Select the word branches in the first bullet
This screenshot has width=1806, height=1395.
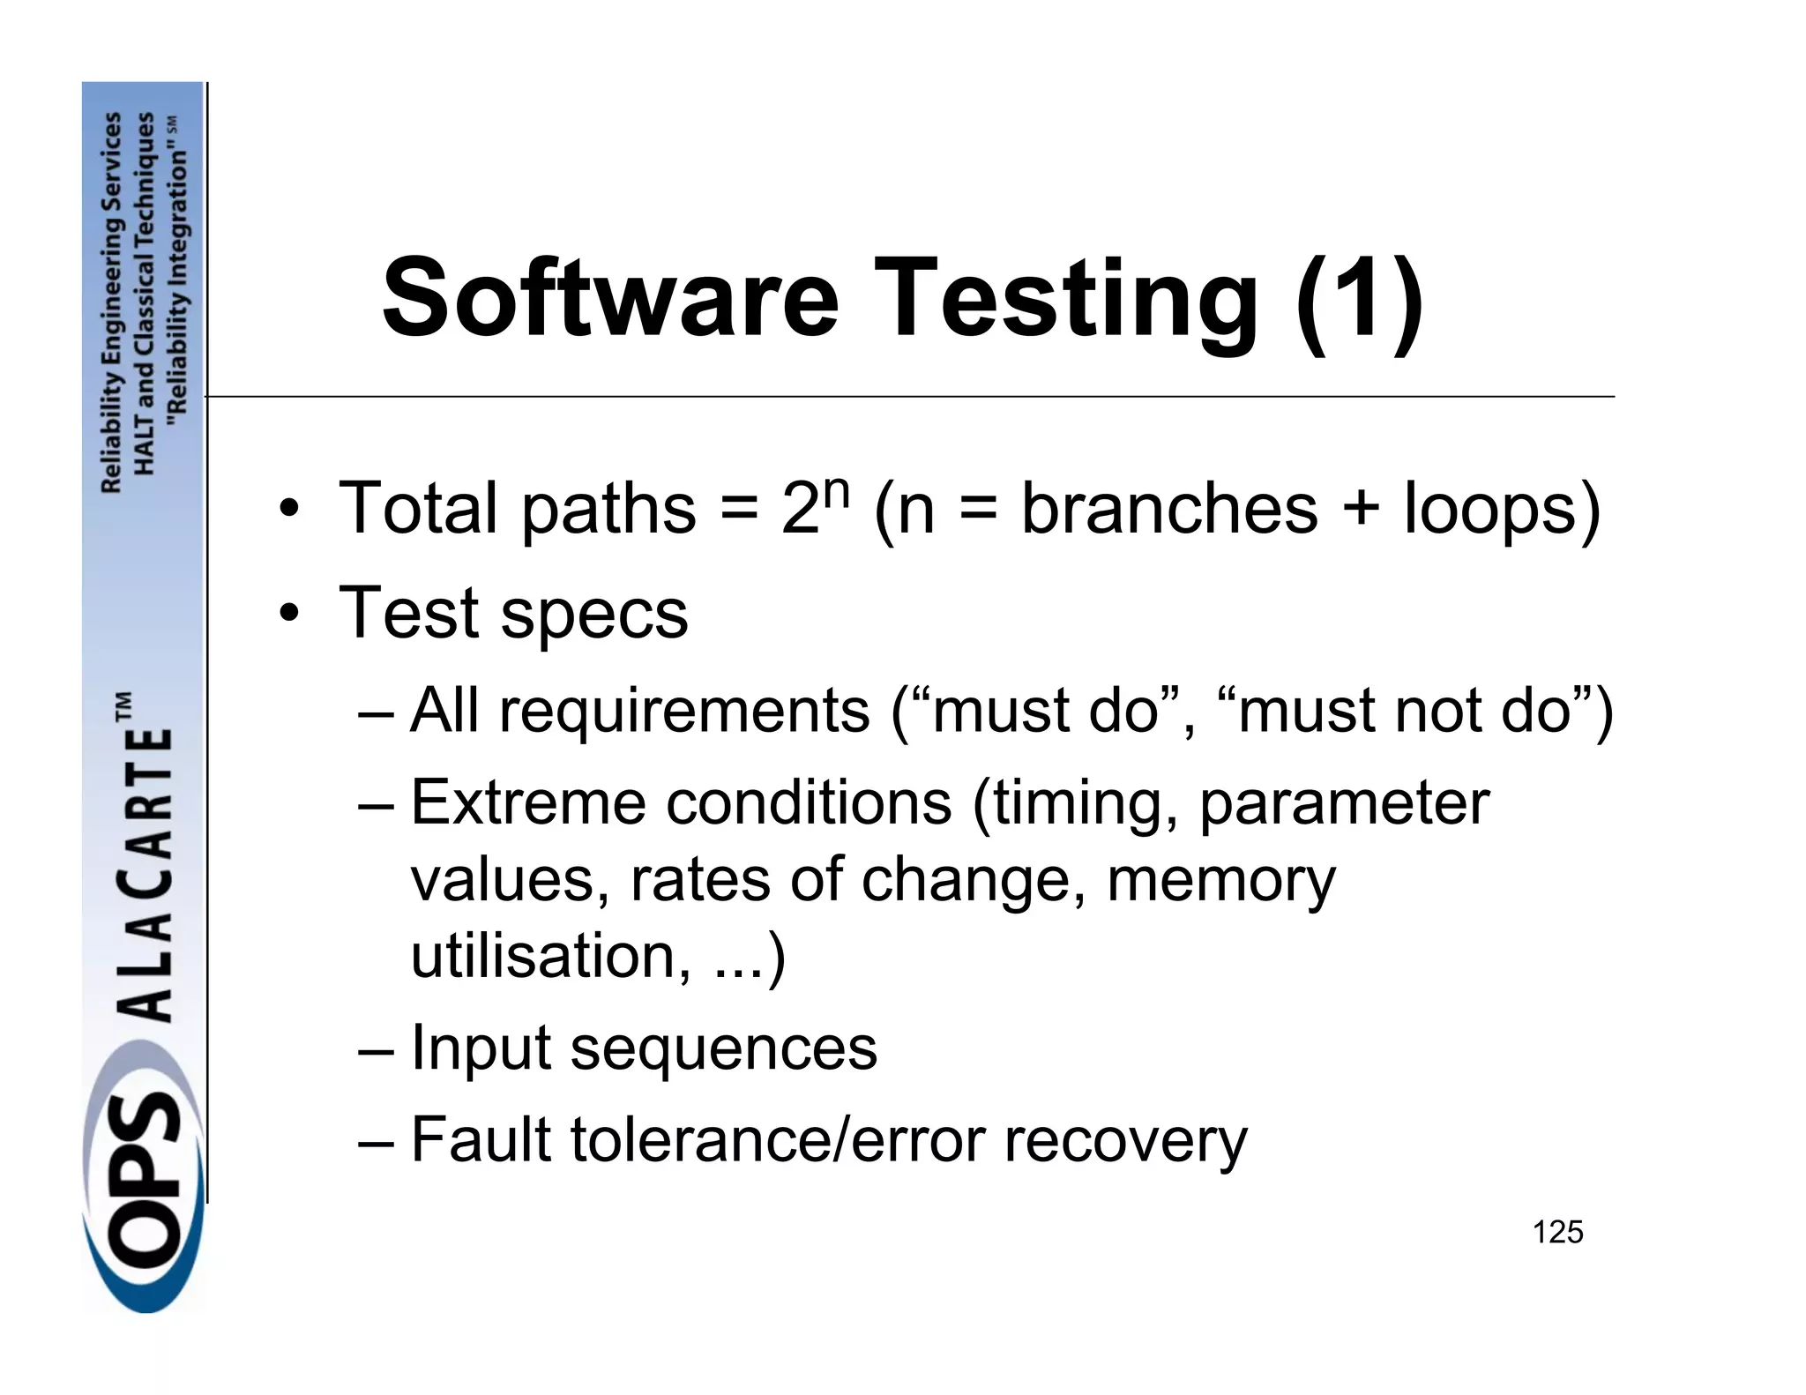coord(1169,509)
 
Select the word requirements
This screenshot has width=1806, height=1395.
coord(684,711)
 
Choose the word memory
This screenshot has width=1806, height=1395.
coord(1220,880)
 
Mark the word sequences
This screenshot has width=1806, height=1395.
coord(724,1048)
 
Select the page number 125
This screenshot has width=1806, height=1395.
coord(1557,1232)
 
